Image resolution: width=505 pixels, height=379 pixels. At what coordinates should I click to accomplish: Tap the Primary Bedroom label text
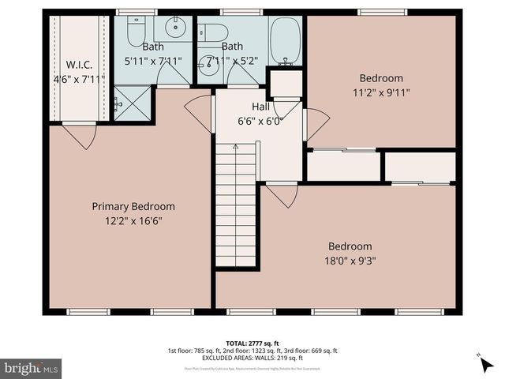click(x=133, y=206)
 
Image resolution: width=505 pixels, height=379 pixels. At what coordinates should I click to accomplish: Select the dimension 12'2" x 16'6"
click(x=133, y=223)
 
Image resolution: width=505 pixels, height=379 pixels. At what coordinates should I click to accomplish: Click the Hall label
click(x=261, y=107)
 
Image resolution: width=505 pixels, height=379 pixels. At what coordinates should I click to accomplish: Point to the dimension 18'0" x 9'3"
click(x=350, y=261)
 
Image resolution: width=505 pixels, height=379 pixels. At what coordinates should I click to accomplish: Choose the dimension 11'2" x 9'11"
click(x=381, y=92)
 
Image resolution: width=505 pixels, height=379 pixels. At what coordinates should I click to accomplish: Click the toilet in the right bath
click(x=214, y=32)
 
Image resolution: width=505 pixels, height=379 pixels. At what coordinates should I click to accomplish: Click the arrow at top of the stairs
click(x=236, y=146)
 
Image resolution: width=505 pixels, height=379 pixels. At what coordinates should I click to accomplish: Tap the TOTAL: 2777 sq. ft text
click(x=252, y=343)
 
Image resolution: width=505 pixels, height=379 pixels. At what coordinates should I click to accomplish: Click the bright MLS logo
click(x=32, y=368)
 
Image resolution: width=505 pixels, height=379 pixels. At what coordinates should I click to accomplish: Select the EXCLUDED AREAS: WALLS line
click(x=252, y=358)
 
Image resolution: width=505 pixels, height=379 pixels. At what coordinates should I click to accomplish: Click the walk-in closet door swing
click(x=79, y=136)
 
